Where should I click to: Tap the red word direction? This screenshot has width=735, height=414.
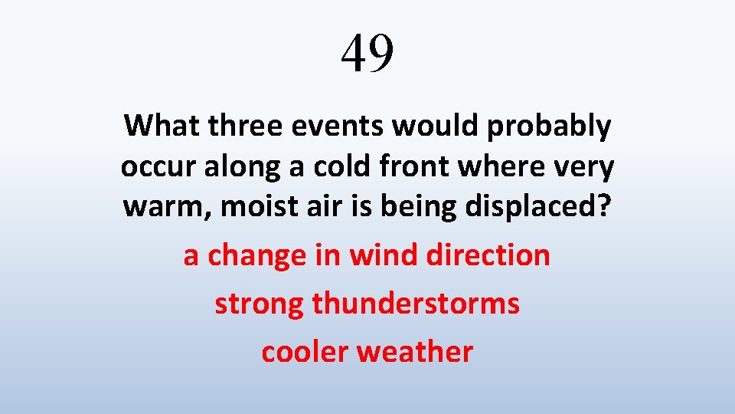pos(488,255)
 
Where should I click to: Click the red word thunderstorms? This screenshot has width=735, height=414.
pos(416,304)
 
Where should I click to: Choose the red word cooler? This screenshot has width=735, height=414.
pos(305,352)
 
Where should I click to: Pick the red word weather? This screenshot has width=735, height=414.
pos(414,352)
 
